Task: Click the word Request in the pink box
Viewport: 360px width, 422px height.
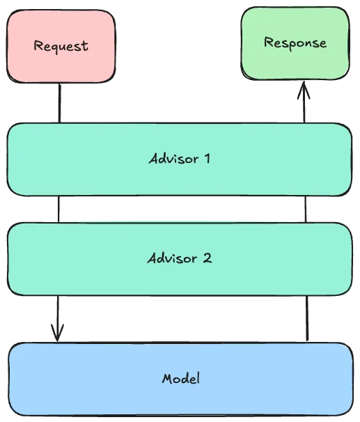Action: pos(61,47)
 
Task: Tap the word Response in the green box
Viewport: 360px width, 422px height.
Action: pos(295,43)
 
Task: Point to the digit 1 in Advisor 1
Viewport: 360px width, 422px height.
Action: pos(206,158)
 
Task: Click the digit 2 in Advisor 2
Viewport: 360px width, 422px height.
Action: pos(207,258)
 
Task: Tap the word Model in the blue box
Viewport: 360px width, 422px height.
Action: pos(180,380)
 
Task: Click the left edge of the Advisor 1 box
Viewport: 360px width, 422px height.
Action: pos(8,159)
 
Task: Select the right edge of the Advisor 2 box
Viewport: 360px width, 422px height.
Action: pos(351,258)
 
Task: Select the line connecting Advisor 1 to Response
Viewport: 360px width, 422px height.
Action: pos(304,108)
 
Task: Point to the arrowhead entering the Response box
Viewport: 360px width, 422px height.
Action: pos(304,90)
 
